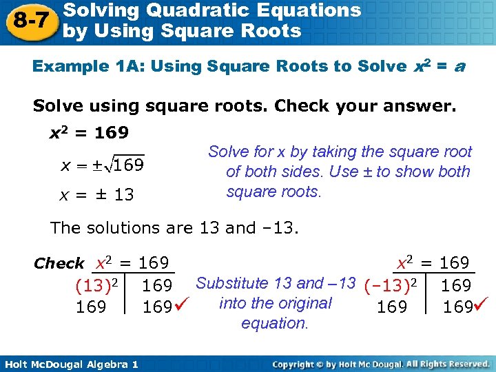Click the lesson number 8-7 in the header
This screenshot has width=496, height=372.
[28, 21]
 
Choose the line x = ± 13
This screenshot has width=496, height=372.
[97, 195]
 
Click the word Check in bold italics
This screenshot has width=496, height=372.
[59, 264]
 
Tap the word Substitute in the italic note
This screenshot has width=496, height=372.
[232, 283]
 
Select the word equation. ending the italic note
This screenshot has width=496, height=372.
[275, 323]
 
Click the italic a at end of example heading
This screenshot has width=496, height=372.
[459, 68]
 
